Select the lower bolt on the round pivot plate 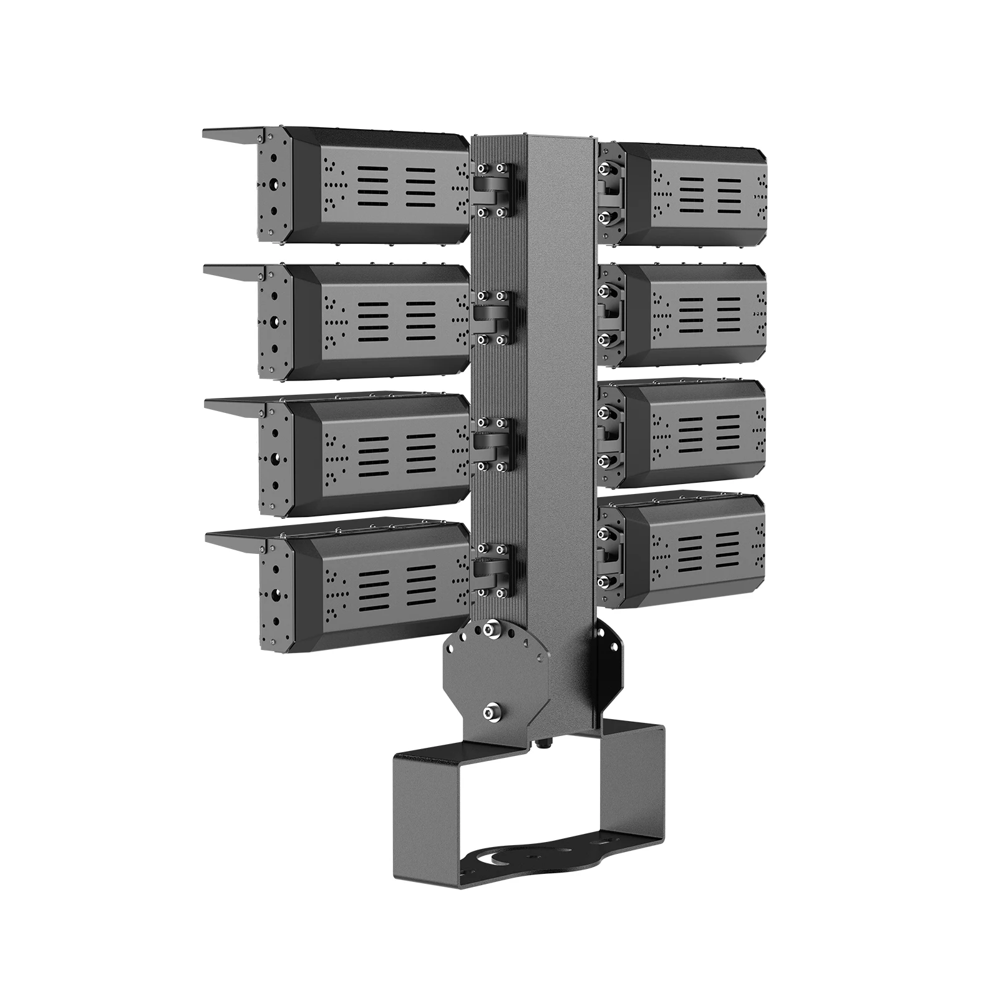coord(493,709)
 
